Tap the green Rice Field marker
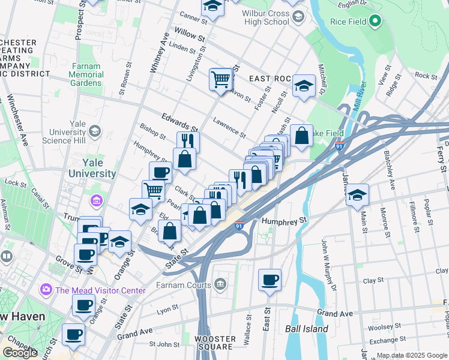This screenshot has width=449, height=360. [x=376, y=22]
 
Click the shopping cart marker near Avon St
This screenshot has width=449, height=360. [x=221, y=79]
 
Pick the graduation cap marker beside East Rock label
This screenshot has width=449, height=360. [x=304, y=86]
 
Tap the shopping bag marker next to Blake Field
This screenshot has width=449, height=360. [x=301, y=135]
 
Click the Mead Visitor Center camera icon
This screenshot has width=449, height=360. [x=46, y=290]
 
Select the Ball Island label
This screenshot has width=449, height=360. [x=306, y=329]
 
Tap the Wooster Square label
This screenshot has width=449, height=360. [x=215, y=343]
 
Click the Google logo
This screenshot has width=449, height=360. [x=20, y=353]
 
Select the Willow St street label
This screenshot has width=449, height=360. [x=186, y=34]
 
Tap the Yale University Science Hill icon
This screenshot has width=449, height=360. [x=94, y=131]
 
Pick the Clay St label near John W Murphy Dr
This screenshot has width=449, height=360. [x=373, y=280]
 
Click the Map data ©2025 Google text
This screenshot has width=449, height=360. [x=412, y=355]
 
